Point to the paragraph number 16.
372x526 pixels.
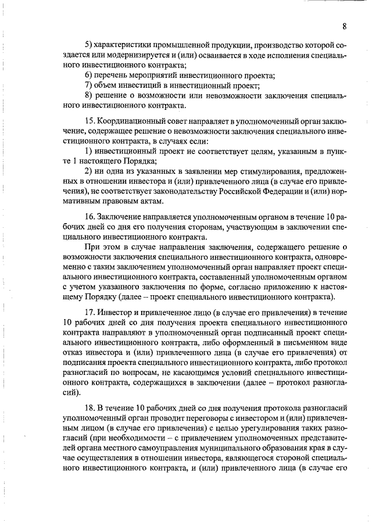pyautogui.click(x=90, y=216)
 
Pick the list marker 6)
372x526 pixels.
pyautogui.click(x=89, y=76)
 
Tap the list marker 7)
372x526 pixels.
pyautogui.click(x=89, y=86)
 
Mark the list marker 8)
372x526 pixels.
pyautogui.click(x=89, y=96)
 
